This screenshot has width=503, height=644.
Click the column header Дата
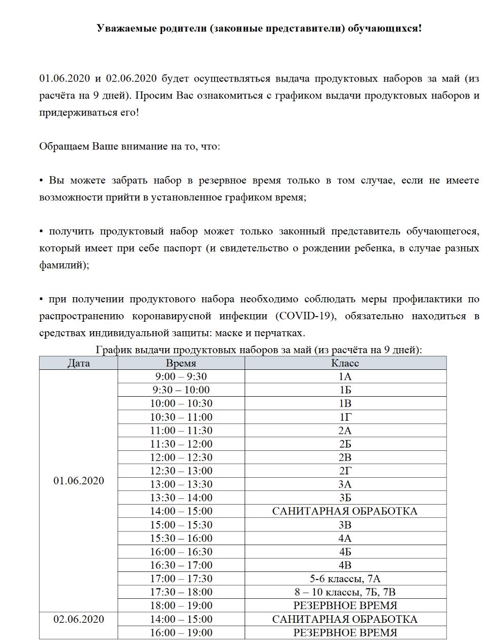(79, 363)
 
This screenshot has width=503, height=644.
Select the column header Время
(181, 363)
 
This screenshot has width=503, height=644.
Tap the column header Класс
(345, 363)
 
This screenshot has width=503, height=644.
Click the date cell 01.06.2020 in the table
(79, 481)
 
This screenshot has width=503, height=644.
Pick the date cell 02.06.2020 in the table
(79, 619)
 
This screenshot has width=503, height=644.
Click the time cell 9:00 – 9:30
(181, 376)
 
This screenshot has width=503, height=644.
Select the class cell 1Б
(345, 390)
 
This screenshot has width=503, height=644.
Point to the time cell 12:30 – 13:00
(181, 471)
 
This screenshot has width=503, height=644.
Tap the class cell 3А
(345, 484)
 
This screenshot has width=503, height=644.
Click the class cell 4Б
(345, 552)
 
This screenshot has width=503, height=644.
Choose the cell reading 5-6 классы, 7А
(345, 579)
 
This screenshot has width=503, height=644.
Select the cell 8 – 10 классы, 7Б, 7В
(345, 592)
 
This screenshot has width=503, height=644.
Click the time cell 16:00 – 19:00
(181, 633)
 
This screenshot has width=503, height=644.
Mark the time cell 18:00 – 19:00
(181, 605)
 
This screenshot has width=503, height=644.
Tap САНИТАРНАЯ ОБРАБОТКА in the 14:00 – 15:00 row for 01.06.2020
(345, 511)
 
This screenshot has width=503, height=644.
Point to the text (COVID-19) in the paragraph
(305, 316)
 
